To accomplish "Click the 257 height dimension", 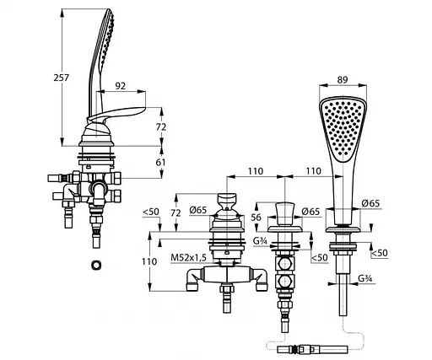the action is pyautogui.click(x=61, y=78).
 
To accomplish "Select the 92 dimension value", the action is pyautogui.click(x=121, y=86).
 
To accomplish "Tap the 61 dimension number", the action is pyautogui.click(x=160, y=162).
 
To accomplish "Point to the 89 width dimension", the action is pyautogui.click(x=343, y=80).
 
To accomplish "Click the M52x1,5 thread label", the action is pyautogui.click(x=188, y=257).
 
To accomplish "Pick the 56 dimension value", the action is pyautogui.click(x=256, y=218).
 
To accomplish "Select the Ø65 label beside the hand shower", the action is pyautogui.click(x=370, y=203).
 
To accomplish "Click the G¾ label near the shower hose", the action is pyautogui.click(x=365, y=278).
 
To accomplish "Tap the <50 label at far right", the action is pyautogui.click(x=380, y=253).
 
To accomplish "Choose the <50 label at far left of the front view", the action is pyautogui.click(x=151, y=212).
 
